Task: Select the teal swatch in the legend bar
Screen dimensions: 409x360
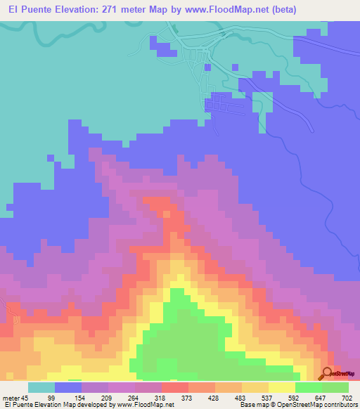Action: coord(41,387)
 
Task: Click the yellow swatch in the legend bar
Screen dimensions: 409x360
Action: coord(282,387)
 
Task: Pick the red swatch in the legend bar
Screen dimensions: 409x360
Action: coord(175,387)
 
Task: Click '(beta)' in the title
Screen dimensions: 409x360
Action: coord(281,10)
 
